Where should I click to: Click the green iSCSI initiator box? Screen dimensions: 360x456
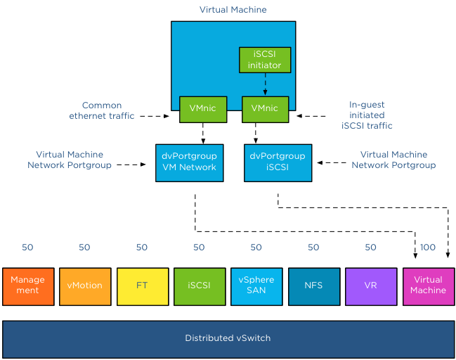coord(264,60)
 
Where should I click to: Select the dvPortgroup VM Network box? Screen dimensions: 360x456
coord(185,162)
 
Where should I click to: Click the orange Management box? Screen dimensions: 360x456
coord(27,285)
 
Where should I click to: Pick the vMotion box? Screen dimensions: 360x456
coord(84,285)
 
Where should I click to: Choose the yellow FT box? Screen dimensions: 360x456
coord(142,285)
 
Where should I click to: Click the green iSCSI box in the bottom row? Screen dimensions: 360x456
coord(199,285)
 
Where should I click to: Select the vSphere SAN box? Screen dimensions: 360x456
coord(256,285)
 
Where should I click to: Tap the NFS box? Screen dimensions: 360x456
coord(313,285)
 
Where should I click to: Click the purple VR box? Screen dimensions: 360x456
coord(370,285)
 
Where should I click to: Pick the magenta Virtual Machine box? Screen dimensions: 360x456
coord(428,285)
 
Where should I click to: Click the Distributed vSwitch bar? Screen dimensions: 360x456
coord(228,338)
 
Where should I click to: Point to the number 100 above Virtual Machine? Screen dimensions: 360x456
coord(428,247)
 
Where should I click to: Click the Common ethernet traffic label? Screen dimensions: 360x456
coord(102,111)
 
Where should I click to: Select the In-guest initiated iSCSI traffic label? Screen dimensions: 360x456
coord(367,115)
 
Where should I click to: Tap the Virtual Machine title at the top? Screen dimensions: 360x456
coord(233,10)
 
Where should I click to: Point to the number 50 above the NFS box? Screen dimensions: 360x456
coord(313,247)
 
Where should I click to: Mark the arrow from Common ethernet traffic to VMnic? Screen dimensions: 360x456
coord(155,116)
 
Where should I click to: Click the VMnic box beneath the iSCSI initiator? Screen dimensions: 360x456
coord(265,108)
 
